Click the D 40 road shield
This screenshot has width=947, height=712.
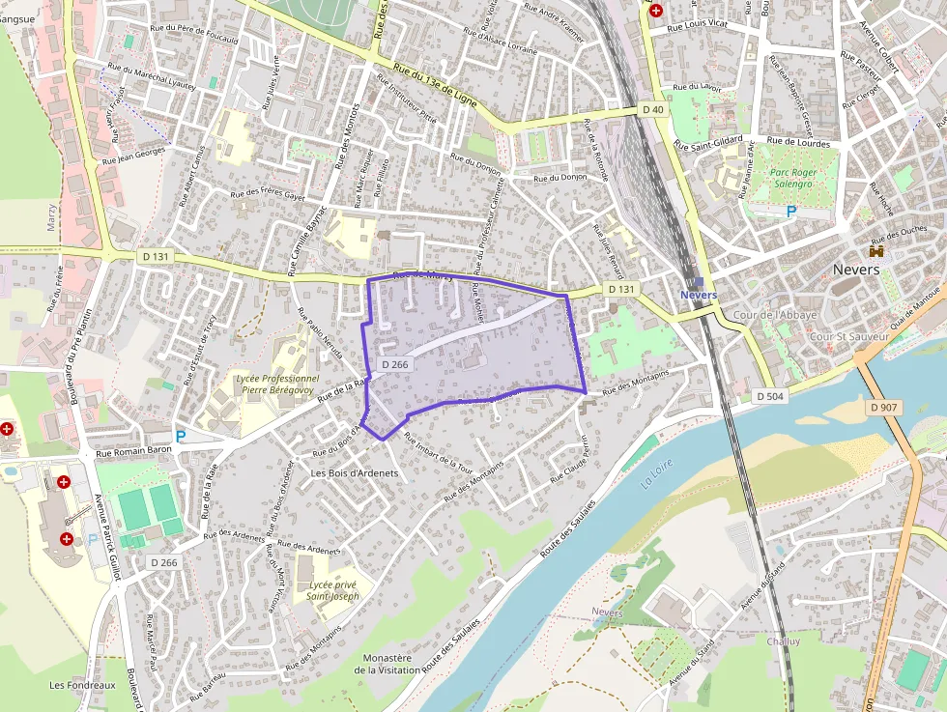click(652, 110)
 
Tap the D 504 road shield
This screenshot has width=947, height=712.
click(769, 397)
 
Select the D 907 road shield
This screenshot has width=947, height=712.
click(883, 408)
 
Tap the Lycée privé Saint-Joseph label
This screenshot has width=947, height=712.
click(332, 590)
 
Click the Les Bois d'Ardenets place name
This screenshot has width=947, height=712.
click(355, 472)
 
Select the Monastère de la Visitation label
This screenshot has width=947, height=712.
click(383, 664)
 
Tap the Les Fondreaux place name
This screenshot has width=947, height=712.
click(83, 685)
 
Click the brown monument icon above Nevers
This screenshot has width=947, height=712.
click(877, 251)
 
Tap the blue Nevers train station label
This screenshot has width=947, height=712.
click(699, 294)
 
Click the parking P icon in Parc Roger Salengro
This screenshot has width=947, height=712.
click(791, 211)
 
